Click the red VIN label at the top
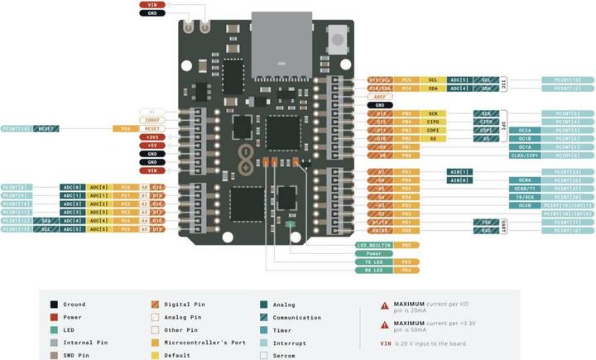click(151, 5)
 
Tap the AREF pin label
click(380, 97)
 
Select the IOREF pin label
click(151, 121)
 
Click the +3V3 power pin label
click(151, 137)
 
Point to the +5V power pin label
click(151, 146)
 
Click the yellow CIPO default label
click(432, 122)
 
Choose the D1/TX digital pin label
click(380, 222)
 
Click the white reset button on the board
click(338, 36)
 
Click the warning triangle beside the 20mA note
click(384, 305)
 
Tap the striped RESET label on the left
click(46, 129)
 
